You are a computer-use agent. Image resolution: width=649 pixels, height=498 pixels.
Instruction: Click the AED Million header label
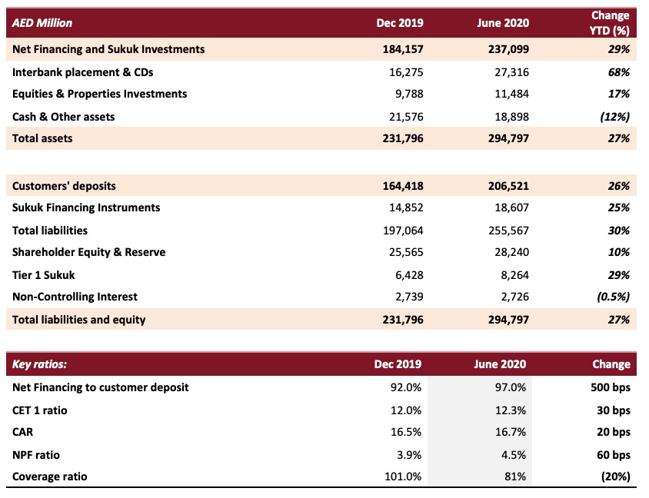click(x=42, y=23)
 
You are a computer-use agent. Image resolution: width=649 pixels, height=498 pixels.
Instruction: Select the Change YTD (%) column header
click(x=610, y=23)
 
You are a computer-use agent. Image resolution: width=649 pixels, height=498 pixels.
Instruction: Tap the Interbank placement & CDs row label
click(x=83, y=72)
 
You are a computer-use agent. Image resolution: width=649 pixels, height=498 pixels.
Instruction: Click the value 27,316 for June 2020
click(x=511, y=72)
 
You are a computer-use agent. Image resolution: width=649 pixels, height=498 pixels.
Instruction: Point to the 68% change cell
click(x=619, y=72)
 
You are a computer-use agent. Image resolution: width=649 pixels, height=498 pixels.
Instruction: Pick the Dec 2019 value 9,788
click(x=409, y=94)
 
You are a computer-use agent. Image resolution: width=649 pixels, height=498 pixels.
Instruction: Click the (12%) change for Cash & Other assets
click(x=615, y=117)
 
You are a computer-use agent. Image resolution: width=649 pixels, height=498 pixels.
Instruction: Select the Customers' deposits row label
click(x=64, y=186)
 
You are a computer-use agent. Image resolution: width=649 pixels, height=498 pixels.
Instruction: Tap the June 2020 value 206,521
click(x=508, y=186)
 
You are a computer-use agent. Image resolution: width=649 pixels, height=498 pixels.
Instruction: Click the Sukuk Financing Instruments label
click(x=86, y=207)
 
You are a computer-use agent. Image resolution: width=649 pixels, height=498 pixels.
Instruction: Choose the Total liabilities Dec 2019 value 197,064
click(x=403, y=231)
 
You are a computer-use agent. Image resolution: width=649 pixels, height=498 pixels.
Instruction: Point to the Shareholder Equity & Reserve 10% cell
click(x=619, y=252)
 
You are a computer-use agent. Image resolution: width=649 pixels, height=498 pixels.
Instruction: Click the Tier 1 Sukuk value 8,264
click(x=515, y=275)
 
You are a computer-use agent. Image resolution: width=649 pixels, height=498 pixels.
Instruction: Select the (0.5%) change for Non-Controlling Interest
click(x=614, y=297)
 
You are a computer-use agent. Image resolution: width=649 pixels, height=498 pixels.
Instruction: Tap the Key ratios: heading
click(x=39, y=364)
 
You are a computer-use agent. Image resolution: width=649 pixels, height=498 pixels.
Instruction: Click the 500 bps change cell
click(x=611, y=387)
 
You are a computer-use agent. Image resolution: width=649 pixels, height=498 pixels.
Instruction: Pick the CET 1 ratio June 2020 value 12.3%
click(x=511, y=410)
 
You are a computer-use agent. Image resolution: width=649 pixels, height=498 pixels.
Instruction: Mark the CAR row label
click(x=23, y=432)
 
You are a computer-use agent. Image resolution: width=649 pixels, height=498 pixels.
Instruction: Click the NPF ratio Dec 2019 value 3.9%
click(x=409, y=456)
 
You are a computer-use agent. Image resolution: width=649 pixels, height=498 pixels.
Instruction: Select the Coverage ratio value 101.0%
click(x=403, y=477)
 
